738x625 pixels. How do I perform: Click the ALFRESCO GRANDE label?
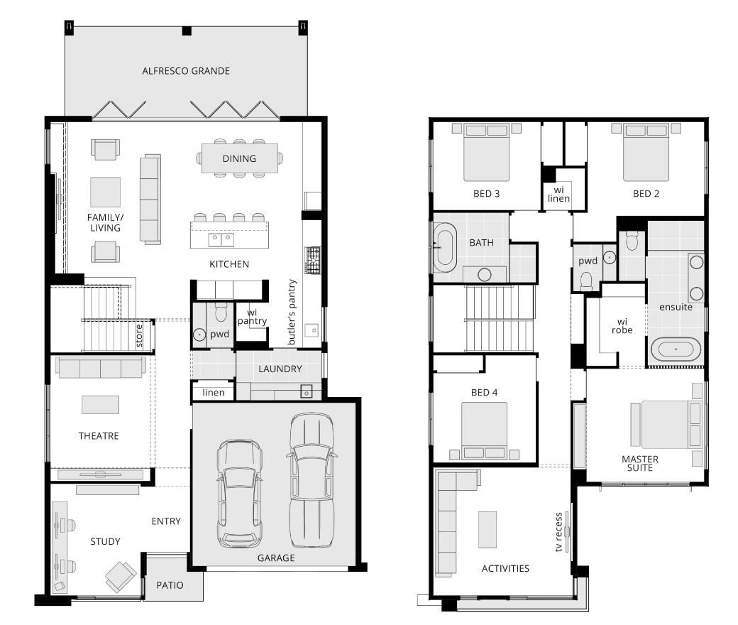(186, 71)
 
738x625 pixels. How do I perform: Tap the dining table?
(240, 158)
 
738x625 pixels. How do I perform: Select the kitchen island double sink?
(221, 239)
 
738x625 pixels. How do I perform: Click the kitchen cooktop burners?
(312, 261)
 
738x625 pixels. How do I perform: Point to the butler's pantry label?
(292, 312)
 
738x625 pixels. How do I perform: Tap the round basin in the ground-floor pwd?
(199, 335)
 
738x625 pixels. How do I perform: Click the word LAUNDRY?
(280, 369)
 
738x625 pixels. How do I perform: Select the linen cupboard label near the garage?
(213, 392)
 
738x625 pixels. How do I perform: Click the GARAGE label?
(276, 558)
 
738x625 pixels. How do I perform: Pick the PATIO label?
(170, 585)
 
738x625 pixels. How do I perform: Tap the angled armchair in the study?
(121, 577)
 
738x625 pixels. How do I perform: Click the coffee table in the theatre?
(100, 405)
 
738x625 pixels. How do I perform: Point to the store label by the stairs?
(139, 336)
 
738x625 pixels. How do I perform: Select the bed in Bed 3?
(486, 152)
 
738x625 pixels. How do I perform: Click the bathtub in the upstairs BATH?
(444, 247)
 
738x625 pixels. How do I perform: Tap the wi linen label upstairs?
(558, 194)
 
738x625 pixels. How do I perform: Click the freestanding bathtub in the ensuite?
(676, 349)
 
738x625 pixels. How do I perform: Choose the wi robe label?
(622, 326)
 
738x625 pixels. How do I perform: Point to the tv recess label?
(558, 532)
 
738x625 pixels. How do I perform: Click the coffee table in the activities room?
(488, 530)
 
